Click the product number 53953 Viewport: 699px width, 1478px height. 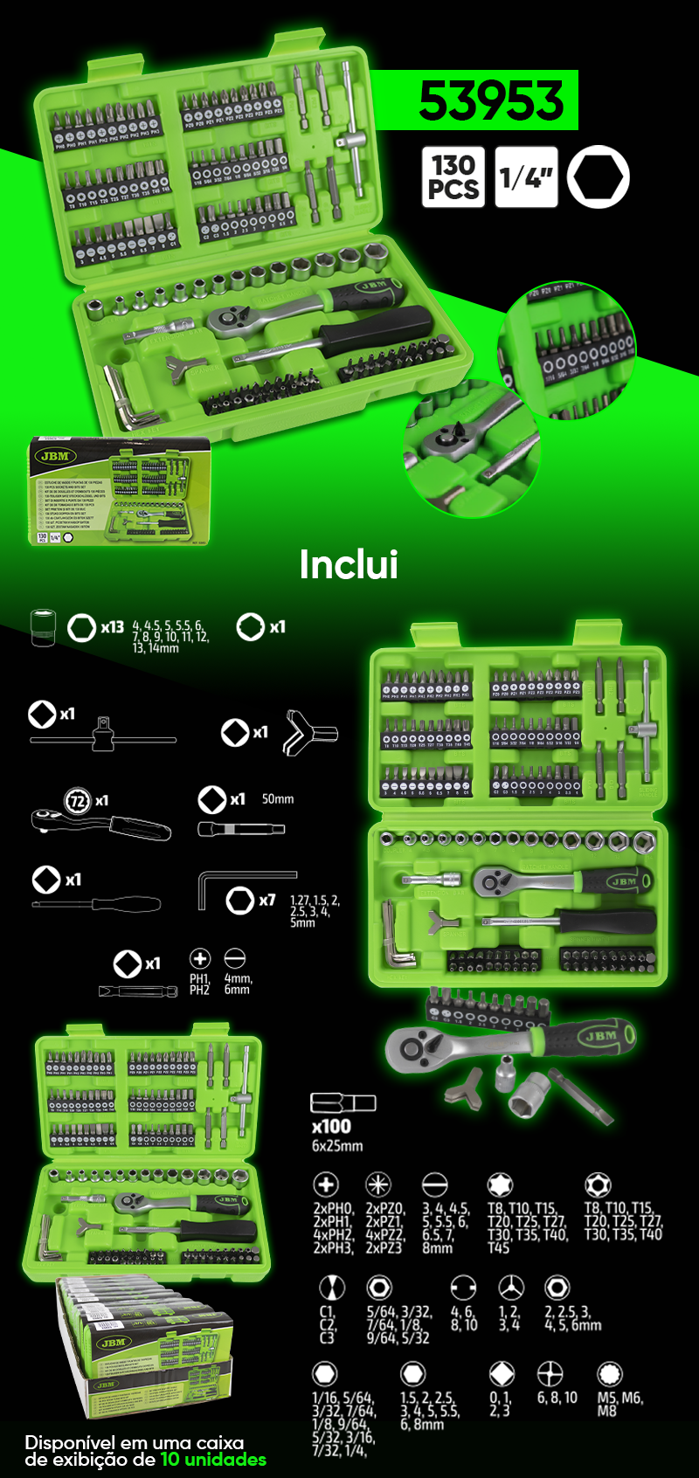(x=491, y=101)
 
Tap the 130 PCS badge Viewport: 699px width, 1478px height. (x=453, y=177)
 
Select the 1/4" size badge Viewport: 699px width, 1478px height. (x=526, y=177)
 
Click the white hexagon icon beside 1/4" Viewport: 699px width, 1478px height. (x=598, y=177)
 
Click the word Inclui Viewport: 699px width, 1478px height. (x=349, y=564)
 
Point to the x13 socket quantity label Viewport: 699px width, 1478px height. (x=112, y=627)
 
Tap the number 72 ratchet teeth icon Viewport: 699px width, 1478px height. (x=78, y=800)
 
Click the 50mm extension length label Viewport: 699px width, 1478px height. (x=278, y=799)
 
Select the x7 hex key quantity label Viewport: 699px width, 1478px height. (x=266, y=900)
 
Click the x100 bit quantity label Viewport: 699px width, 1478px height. (x=331, y=1127)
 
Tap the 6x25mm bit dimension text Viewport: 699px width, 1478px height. (x=337, y=1146)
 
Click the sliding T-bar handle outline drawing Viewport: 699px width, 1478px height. (x=103, y=739)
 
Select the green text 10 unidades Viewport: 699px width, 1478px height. (x=213, y=1460)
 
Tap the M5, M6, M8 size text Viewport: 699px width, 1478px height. (x=619, y=1404)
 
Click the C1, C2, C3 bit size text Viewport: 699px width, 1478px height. (x=327, y=1324)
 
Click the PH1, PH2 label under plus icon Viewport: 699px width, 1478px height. (x=199, y=984)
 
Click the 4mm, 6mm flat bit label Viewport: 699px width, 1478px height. (x=237, y=984)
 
